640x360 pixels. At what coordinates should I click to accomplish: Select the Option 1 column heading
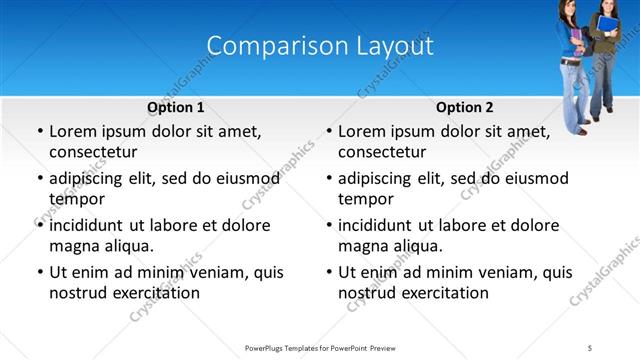pyautogui.click(x=176, y=107)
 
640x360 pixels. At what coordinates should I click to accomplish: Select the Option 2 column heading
pyautogui.click(x=465, y=107)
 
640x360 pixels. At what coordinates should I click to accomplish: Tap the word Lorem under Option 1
pyautogui.click(x=72, y=131)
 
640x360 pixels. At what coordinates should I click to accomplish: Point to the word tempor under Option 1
pyautogui.click(x=73, y=200)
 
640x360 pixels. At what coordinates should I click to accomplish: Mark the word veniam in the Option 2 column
pyautogui.click(x=503, y=272)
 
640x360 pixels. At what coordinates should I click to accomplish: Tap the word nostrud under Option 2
pyautogui.click(x=365, y=293)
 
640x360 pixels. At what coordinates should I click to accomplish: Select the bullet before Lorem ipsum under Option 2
pyautogui.click(x=327, y=131)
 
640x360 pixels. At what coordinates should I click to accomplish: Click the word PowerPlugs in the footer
pyautogui.click(x=267, y=347)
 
